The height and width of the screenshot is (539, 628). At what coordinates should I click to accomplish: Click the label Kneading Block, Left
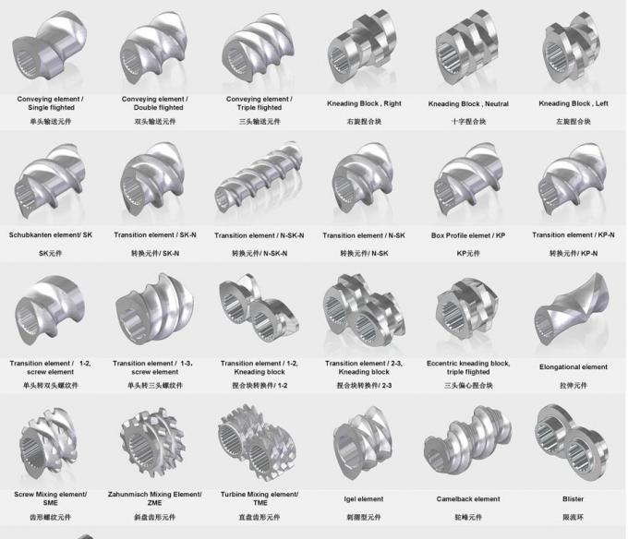click(x=574, y=103)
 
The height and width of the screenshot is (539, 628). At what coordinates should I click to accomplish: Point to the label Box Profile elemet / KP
click(x=468, y=235)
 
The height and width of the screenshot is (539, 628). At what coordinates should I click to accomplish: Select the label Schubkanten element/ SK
click(x=51, y=235)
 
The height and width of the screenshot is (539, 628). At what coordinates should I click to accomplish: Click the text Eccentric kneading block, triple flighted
click(x=468, y=367)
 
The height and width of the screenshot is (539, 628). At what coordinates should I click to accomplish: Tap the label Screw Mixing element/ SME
click(x=50, y=498)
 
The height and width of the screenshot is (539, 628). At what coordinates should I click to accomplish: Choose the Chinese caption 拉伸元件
click(x=574, y=384)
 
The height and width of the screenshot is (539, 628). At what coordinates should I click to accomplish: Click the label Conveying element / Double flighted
click(x=154, y=102)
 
